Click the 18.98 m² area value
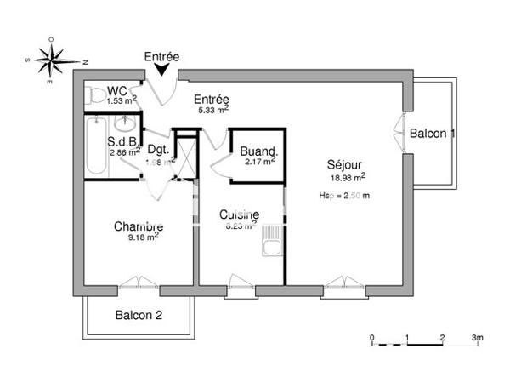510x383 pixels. pos(348,177)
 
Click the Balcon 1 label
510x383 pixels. pos(433,134)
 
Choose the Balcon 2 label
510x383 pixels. pos(139,316)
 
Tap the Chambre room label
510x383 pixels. pos(139,226)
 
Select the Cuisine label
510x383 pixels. pos(239,215)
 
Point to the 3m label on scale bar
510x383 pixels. pos(477,338)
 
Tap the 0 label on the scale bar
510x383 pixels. pos(372,338)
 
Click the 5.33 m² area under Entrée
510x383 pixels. pos(212,109)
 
